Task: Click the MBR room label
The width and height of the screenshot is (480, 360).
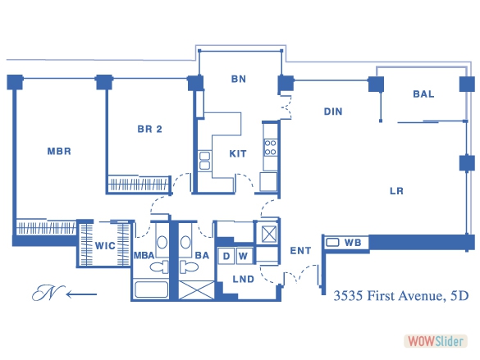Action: coord(59,151)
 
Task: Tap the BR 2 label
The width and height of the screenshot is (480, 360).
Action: coord(149,129)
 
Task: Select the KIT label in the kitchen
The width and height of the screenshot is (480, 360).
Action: coord(238,153)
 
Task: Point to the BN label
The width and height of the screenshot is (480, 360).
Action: coord(239,79)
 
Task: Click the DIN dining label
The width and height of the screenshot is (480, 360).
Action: coord(333,112)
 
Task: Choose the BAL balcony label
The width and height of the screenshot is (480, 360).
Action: coord(423,94)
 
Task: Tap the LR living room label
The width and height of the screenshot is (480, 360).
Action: coord(396,191)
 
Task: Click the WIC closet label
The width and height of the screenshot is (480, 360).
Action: coord(105,246)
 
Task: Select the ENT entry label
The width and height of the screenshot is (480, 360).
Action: coord(300,251)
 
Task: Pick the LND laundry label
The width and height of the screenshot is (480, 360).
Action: coord(244,279)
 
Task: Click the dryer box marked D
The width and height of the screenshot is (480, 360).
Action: coord(226,256)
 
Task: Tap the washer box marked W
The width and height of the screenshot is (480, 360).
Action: coord(245,256)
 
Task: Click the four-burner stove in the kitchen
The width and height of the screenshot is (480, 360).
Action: coord(270,148)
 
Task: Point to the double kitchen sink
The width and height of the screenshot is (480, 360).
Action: coord(204,161)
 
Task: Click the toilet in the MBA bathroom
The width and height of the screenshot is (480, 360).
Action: coord(159,267)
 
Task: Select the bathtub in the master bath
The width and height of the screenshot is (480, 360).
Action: coord(151,289)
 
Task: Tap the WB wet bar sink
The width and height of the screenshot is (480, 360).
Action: coord(332,243)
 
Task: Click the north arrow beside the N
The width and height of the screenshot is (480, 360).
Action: coord(81,294)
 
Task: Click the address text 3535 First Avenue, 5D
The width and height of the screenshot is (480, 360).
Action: coord(401,296)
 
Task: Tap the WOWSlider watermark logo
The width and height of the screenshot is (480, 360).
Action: coord(436,341)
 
